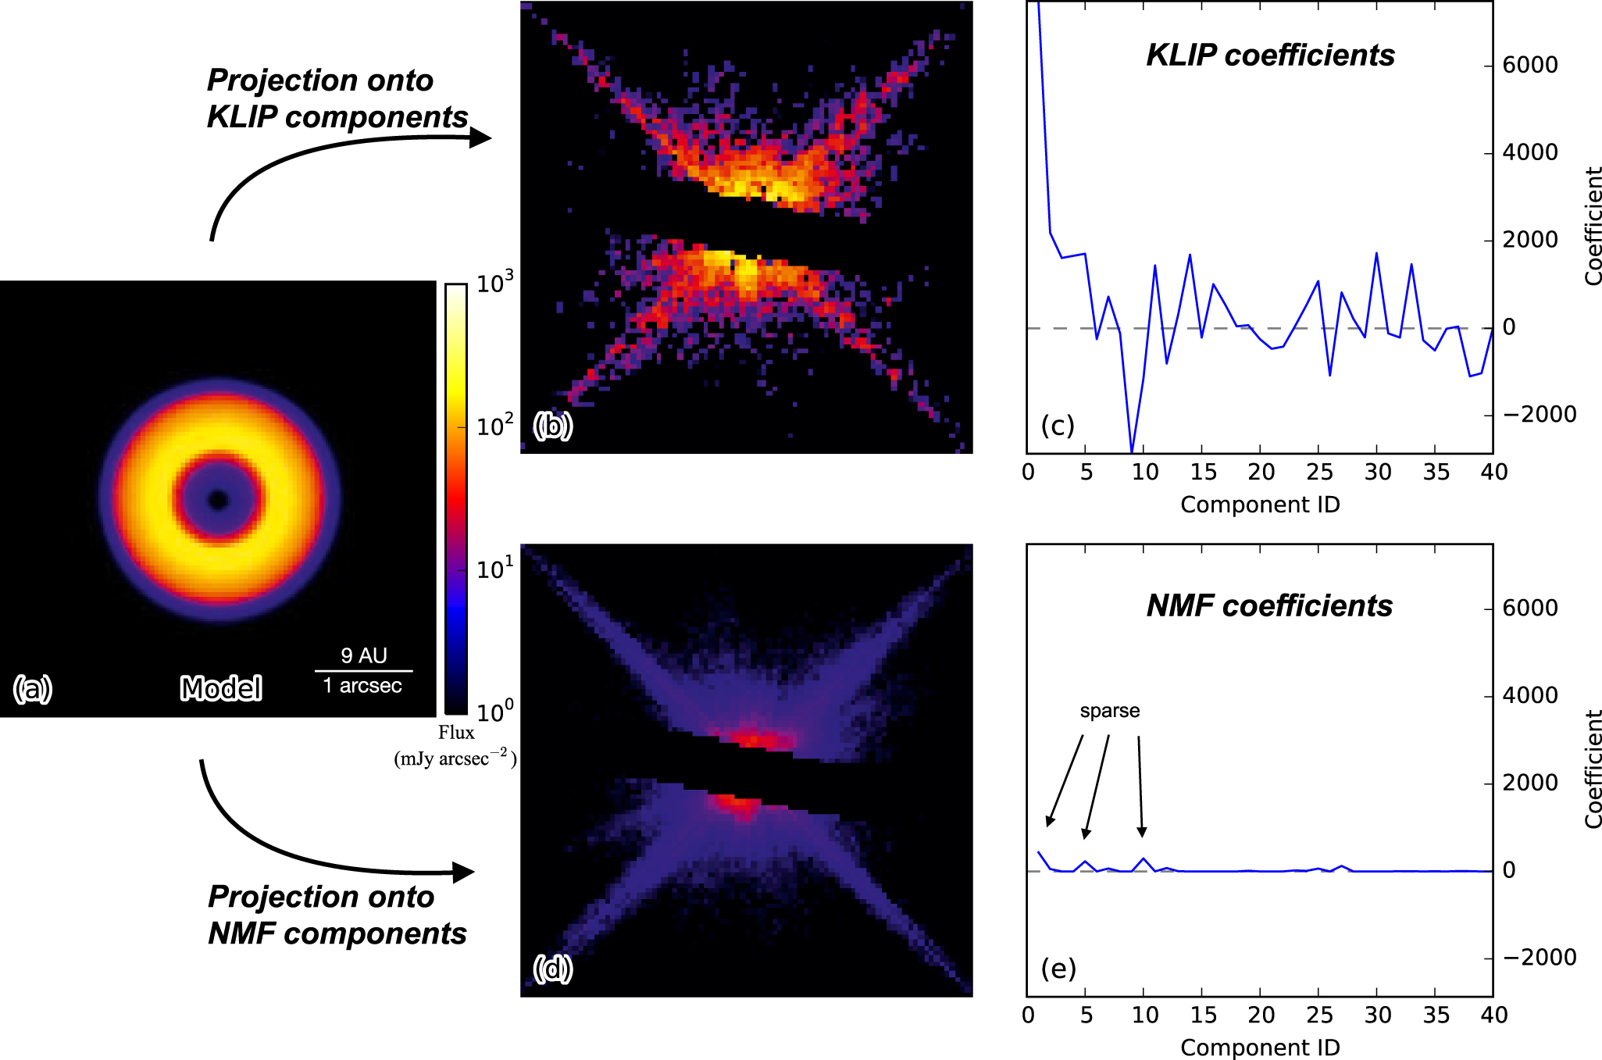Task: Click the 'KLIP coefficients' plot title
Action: pos(1270,55)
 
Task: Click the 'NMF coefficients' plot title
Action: pos(1269,606)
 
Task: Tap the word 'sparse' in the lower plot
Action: pos(1109,711)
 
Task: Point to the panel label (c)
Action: pos(1058,426)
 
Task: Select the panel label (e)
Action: pos(1058,969)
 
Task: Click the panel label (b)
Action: pos(553,426)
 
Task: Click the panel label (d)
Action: pos(553,969)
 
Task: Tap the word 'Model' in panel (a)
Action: pos(221,688)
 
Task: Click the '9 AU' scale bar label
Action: pos(364,655)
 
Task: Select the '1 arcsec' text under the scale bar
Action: pos(362,686)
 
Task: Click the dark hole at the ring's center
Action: pos(218,500)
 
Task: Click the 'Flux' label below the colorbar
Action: pos(456,733)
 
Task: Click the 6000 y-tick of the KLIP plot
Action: pos(1529,65)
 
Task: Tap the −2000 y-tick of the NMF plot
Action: pos(1539,958)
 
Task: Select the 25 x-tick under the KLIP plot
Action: pos(1319,472)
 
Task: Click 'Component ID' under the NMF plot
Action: pos(1260,1048)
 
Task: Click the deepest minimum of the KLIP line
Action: pos(1132,451)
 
